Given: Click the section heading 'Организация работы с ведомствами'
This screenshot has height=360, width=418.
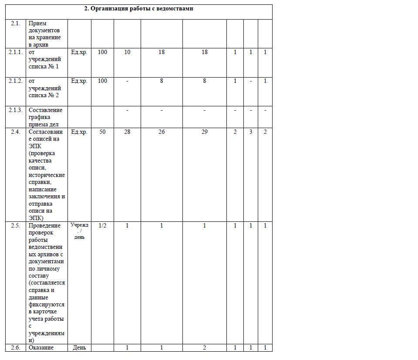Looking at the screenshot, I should coord(138,9).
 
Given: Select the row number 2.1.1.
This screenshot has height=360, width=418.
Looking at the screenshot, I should coord(15,52).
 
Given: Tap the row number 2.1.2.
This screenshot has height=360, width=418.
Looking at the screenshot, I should coord(15,81).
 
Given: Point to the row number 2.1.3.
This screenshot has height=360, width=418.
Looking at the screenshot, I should coord(15,110).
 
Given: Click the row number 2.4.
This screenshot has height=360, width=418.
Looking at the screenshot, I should coord(15,132).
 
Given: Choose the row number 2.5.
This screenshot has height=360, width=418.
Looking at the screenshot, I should coord(15,226).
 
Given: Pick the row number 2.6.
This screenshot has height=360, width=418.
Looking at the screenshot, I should coord(15,348).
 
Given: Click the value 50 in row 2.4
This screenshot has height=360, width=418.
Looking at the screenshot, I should coord(102,132).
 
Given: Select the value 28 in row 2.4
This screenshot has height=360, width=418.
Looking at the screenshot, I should coord(127,132).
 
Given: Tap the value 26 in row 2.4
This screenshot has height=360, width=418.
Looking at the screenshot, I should coord(162,132).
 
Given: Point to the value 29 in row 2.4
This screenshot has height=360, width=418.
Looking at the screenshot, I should coord(205,132).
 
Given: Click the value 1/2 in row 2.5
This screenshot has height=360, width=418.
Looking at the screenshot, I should coord(102,226).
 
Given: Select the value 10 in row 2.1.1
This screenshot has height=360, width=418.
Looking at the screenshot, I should coord(127,52).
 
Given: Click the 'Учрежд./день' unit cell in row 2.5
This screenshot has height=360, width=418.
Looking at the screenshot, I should coord(79,231).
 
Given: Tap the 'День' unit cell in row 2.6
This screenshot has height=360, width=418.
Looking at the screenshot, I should coord(79,348).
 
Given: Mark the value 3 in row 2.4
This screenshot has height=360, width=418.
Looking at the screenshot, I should coord(251,132).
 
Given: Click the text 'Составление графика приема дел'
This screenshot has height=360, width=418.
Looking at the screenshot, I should coord(45,117).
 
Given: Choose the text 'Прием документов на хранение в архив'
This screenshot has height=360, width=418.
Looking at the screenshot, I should coord(45,34).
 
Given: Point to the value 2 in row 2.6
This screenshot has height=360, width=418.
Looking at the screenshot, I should coord(205,348).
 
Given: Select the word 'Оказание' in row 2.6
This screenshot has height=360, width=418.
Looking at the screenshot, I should coord(41,348).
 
